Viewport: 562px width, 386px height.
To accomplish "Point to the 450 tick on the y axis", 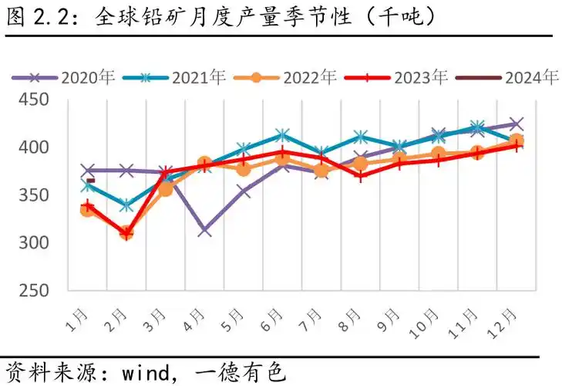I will click(34, 100).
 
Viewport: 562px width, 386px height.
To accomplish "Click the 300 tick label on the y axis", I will click(34, 242).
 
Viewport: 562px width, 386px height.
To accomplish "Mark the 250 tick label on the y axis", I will click(34, 290).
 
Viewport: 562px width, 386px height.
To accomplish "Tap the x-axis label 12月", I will click(509, 318).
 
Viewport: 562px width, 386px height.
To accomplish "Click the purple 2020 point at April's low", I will click(205, 230).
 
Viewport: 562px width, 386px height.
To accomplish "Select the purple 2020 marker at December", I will click(517, 124).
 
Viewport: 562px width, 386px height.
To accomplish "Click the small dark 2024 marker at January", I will click(90, 181).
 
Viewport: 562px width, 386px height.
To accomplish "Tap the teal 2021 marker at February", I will click(126, 205).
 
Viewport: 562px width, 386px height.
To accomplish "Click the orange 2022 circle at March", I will click(165, 188).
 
